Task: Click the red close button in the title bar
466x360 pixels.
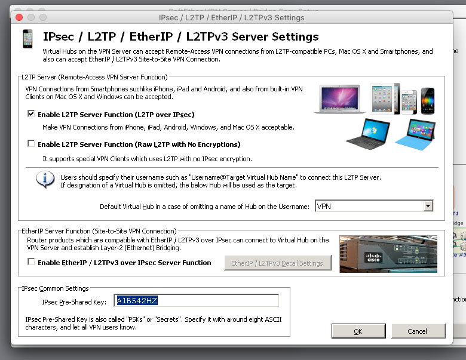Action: [19, 17]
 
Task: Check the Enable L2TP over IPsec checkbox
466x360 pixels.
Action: [31, 114]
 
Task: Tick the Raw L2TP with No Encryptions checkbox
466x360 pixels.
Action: [31, 144]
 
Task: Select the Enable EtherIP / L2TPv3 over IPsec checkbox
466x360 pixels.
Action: [31, 261]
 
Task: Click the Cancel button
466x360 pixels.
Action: [418, 331]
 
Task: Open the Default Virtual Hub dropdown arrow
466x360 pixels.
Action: [428, 206]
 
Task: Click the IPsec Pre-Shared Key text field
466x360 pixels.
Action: [196, 300]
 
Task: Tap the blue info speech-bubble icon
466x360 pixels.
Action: [45, 180]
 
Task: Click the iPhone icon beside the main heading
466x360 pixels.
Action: [27, 39]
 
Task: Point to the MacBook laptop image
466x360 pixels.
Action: [340, 99]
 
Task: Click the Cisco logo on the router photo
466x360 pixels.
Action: [373, 257]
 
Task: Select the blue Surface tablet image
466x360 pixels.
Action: [415, 134]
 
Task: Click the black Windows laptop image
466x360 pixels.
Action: [368, 134]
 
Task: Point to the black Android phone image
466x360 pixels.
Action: [428, 101]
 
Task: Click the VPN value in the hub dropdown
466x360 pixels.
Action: [324, 206]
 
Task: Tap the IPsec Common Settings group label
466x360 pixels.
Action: [56, 288]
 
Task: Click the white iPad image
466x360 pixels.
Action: [382, 99]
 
